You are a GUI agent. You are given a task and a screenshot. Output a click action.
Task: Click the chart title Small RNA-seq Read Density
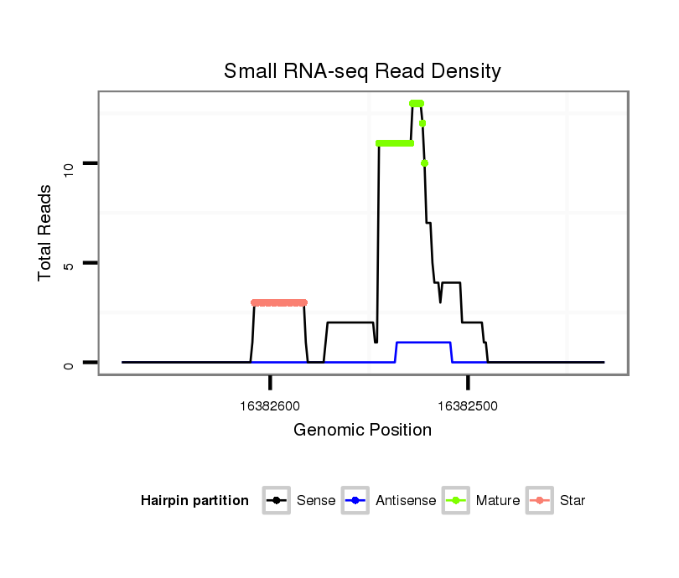362,71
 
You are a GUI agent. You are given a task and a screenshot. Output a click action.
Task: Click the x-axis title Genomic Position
362,431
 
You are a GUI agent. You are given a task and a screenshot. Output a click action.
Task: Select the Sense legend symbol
276,501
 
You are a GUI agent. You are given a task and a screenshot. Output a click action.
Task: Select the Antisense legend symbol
355,501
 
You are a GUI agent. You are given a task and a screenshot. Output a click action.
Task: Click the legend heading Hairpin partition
194,501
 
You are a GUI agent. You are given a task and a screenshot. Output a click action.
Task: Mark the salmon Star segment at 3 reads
279,302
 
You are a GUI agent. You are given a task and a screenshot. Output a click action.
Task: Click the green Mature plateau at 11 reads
395,143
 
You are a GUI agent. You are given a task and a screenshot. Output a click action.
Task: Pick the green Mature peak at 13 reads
417,103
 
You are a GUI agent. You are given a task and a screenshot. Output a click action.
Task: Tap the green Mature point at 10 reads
425,163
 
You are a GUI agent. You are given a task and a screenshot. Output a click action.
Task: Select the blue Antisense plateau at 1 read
423,343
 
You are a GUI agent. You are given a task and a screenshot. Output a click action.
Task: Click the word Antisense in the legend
406,501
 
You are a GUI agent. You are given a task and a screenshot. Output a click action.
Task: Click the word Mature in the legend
498,501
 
